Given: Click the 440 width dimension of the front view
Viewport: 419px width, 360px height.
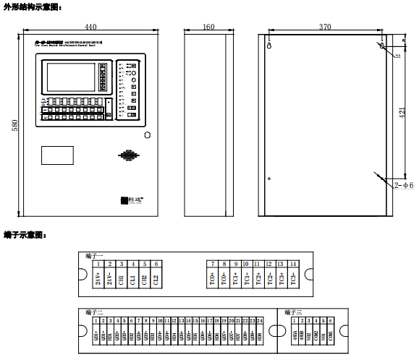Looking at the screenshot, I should [x=90, y=27].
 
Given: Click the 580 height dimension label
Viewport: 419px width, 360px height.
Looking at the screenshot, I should [x=14, y=124].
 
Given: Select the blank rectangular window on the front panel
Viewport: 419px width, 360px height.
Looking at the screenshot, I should [x=57, y=154].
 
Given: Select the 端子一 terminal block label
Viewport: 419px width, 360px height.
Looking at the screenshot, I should [x=95, y=256].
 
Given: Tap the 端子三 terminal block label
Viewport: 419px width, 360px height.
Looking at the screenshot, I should [x=290, y=312].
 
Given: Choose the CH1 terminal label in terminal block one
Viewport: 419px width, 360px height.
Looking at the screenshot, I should [x=121, y=279].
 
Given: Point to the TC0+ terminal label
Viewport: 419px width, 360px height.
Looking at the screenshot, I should [x=212, y=279].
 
